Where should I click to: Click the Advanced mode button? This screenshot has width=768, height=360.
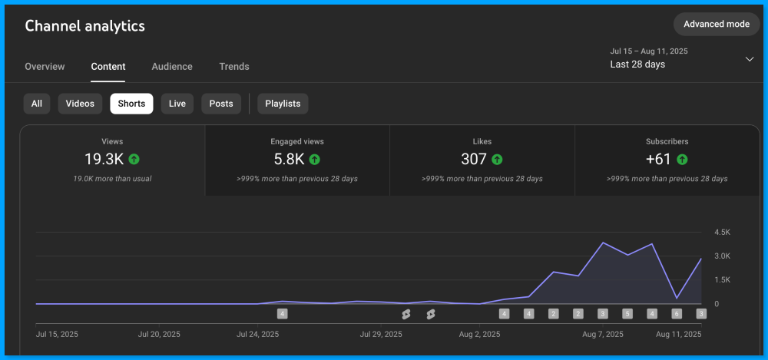[x=716, y=24]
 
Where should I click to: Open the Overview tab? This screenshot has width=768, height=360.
[x=45, y=67]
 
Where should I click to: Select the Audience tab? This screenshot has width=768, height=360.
[x=172, y=67]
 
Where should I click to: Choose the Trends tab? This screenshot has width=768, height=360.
[x=234, y=67]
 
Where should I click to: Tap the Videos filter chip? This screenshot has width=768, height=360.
[x=80, y=104]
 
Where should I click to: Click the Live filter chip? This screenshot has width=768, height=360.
[x=177, y=104]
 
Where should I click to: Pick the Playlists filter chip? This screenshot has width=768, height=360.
[x=283, y=104]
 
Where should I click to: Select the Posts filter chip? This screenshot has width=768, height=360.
[x=221, y=104]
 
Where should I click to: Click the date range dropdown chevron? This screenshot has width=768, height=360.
[x=750, y=59]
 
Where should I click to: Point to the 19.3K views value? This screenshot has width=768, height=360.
[x=104, y=160]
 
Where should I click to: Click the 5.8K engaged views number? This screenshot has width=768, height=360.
[x=290, y=160]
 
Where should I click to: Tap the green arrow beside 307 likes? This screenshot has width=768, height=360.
[x=497, y=160]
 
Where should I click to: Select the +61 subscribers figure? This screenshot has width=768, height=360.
[x=659, y=160]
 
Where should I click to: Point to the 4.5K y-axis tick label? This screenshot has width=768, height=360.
[x=722, y=232]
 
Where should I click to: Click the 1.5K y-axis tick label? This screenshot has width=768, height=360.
[x=722, y=280]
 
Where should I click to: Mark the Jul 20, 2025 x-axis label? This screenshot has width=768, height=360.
[x=159, y=335]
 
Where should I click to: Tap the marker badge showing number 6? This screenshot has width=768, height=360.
[x=677, y=313]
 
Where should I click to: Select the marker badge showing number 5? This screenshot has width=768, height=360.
[x=627, y=313]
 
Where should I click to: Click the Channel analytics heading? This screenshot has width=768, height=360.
[x=84, y=26]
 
